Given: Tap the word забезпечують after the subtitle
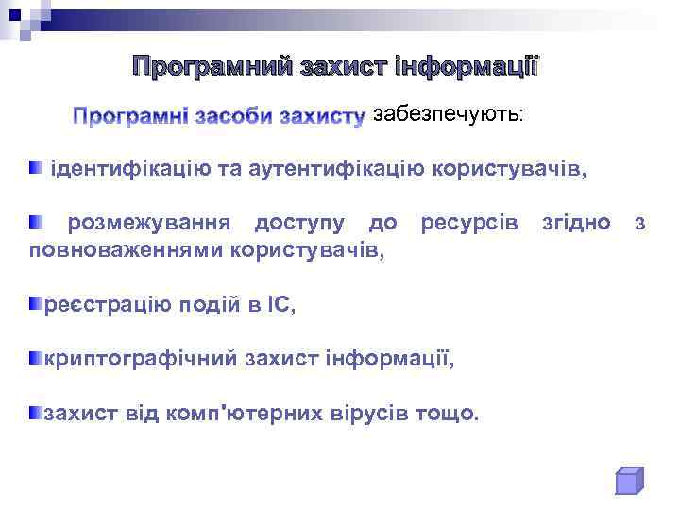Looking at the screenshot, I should [x=447, y=115].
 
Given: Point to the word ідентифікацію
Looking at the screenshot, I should [x=124, y=170].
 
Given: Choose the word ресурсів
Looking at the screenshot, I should [x=469, y=223].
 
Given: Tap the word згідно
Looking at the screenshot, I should [x=576, y=223].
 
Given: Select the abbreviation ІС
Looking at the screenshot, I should [x=280, y=304].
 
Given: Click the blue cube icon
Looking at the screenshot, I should [x=628, y=481].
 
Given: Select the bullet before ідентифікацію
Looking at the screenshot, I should [x=35, y=168].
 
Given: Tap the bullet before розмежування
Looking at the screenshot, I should [x=35, y=222].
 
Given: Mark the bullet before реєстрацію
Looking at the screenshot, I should [x=35, y=303].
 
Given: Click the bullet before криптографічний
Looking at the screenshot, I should [x=35, y=358].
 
